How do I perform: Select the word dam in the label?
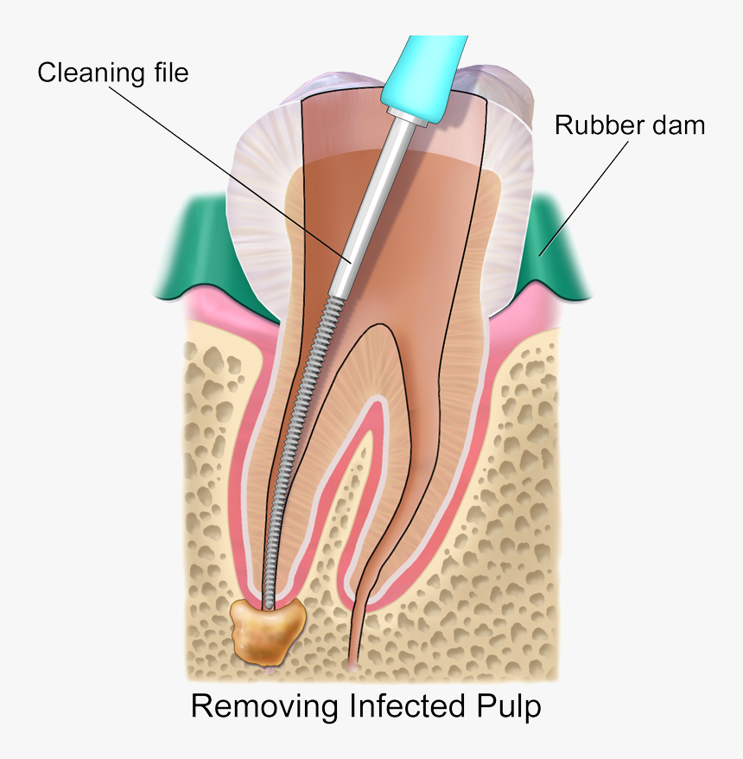[676, 125]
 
